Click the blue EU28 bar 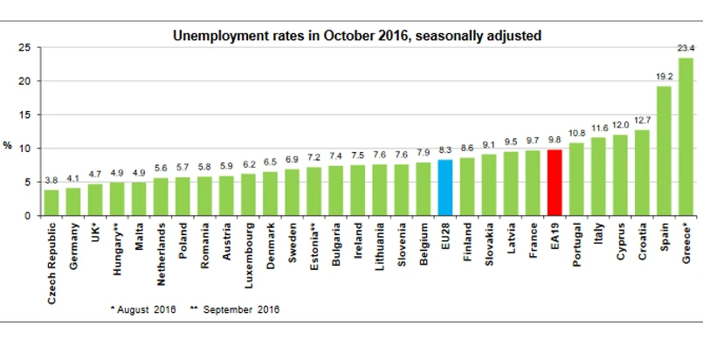tap(445, 188)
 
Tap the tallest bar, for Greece tap(686, 136)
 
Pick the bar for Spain tap(664, 150)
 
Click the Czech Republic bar tap(52, 203)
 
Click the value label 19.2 tap(664, 78)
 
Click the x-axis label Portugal tap(576, 250)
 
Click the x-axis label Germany tap(73, 249)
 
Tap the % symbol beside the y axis tap(8, 146)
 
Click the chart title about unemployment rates tap(356, 36)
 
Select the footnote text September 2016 tap(241, 308)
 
